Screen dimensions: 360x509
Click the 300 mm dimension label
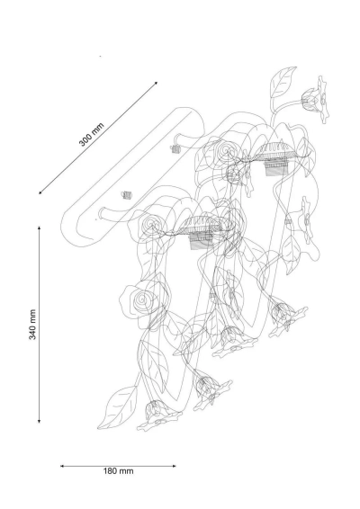(x=91, y=134)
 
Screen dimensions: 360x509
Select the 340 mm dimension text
(x=32, y=325)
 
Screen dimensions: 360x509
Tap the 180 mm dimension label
(x=118, y=471)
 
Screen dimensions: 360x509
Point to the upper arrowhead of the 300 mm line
(x=157, y=83)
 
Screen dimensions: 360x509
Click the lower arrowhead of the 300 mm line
(x=40, y=192)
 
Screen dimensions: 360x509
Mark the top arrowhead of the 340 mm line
(x=39, y=228)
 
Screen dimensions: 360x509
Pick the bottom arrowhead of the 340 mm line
(x=39, y=421)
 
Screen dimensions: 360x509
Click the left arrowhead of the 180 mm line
(x=62, y=466)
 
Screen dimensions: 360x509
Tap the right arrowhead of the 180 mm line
(x=175, y=466)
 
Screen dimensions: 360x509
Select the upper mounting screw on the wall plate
(x=175, y=149)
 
